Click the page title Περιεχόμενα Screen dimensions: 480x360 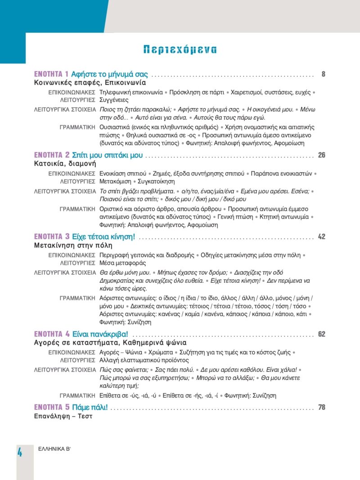(x=180, y=50)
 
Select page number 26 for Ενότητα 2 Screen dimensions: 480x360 (x=321, y=155)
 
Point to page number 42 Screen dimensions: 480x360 (x=321, y=237)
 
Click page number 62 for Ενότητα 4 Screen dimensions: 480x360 (x=321, y=334)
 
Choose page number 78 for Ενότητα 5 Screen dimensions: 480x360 (x=321, y=408)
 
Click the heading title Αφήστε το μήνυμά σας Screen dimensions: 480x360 (x=110, y=74)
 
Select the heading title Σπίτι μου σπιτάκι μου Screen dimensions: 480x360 (x=107, y=155)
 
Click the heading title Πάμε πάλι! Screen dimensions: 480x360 (x=90, y=408)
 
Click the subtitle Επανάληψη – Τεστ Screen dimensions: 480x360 (x=63, y=416)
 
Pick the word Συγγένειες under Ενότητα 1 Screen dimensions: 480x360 (x=114, y=100)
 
